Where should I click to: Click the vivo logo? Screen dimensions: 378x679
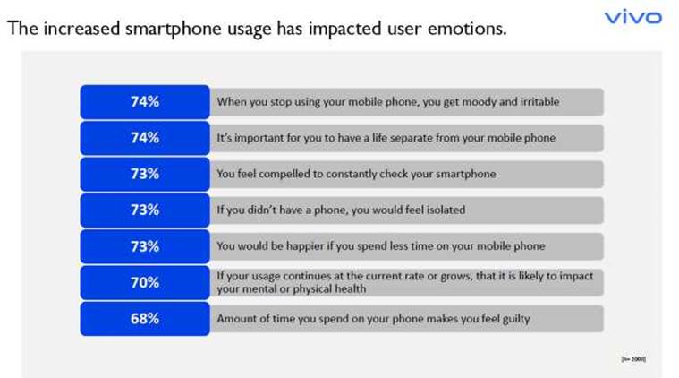coord(632,17)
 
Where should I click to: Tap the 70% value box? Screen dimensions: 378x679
coord(144,283)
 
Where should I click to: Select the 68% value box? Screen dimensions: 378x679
coord(144,319)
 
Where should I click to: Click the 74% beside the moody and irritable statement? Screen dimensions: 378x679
coord(144,101)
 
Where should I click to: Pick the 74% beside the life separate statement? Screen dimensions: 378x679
coord(144,138)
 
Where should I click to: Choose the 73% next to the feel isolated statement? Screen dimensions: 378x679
coord(144,210)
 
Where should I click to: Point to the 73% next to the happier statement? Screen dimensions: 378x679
coord(144,246)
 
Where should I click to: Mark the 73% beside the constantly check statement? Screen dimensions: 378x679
coord(144,174)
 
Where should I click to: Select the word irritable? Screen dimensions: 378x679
coord(536,102)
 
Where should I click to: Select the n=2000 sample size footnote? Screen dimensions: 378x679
coord(632,358)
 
